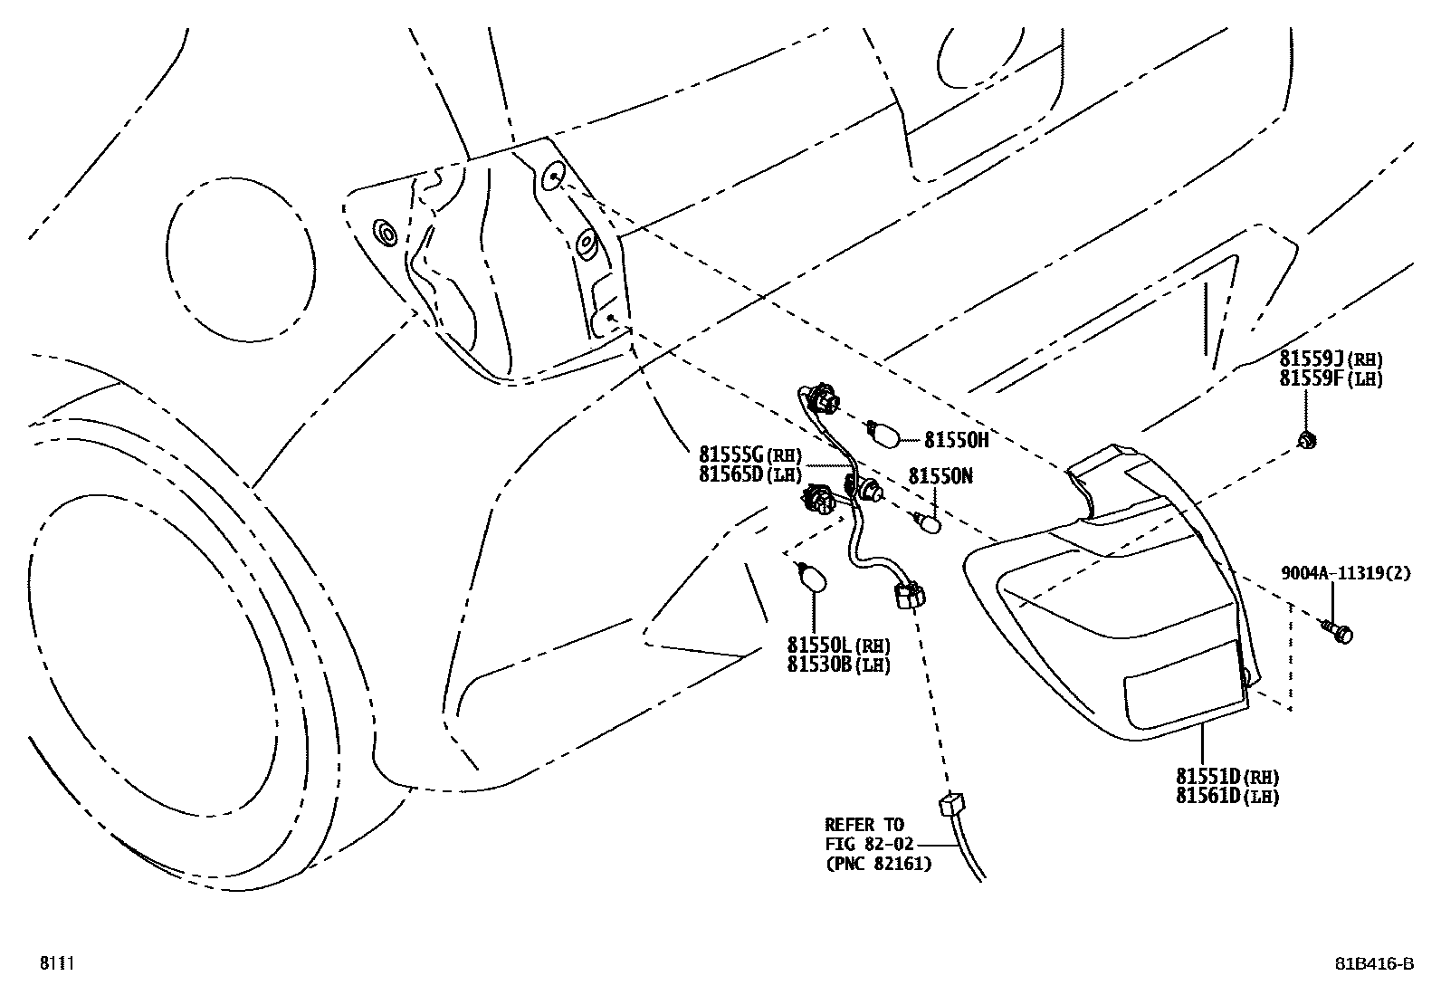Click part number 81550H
[x=956, y=440]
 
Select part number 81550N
[x=940, y=476]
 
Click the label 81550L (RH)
[x=838, y=646]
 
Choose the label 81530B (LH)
[x=838, y=665]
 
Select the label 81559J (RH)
[x=1331, y=359]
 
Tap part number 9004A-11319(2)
[x=1345, y=573]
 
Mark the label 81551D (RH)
[x=1226, y=777]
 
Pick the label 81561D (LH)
[x=1226, y=796]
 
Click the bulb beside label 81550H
[x=883, y=434]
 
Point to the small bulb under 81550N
[x=928, y=523]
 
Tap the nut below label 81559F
[x=1306, y=441]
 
